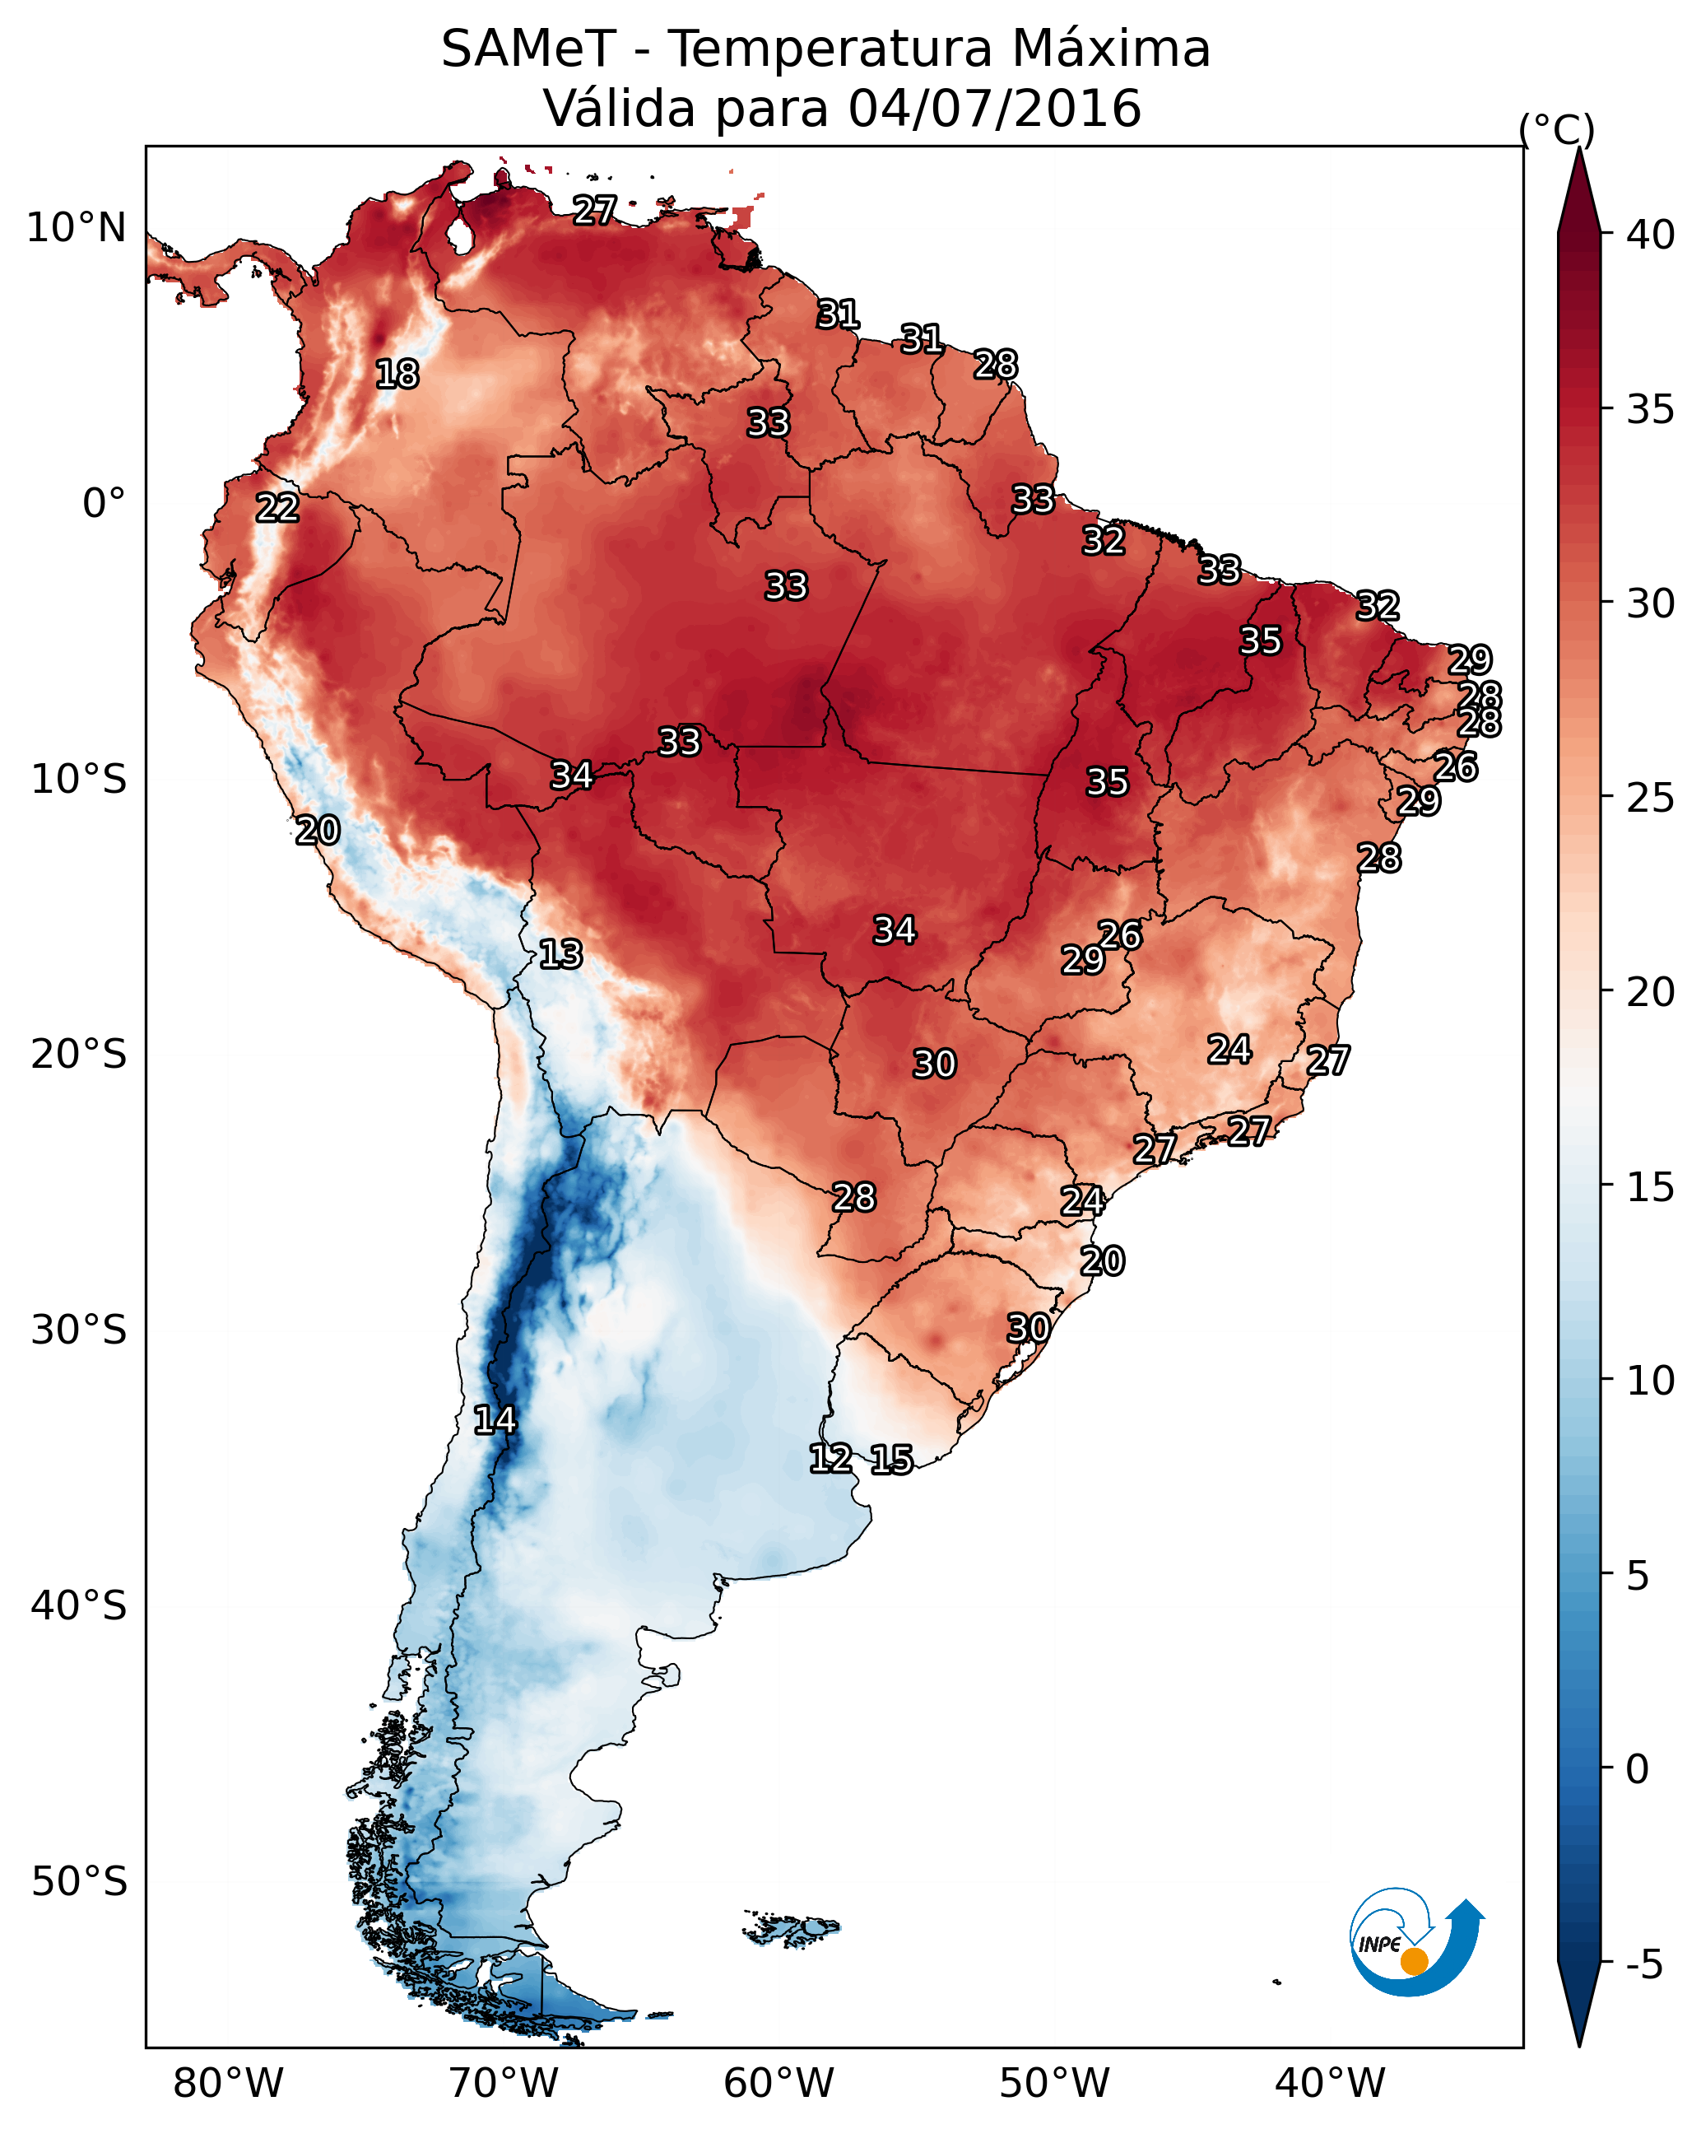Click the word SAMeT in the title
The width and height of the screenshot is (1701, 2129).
point(527,49)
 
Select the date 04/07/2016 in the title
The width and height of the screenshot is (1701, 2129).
point(994,109)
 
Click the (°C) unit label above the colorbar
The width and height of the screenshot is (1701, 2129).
point(1556,129)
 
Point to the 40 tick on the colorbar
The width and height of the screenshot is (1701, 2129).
point(1651,235)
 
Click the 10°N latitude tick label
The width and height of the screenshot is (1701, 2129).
point(76,228)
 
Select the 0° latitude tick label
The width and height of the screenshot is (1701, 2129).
point(104,504)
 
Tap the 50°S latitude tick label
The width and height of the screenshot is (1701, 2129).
point(79,1882)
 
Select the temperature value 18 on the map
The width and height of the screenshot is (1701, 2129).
point(397,375)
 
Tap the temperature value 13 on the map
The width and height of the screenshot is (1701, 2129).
point(560,954)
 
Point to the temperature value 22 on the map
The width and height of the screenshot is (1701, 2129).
point(277,508)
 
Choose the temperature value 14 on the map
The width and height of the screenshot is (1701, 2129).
point(495,1420)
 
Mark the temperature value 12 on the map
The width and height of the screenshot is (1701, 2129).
point(830,1459)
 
